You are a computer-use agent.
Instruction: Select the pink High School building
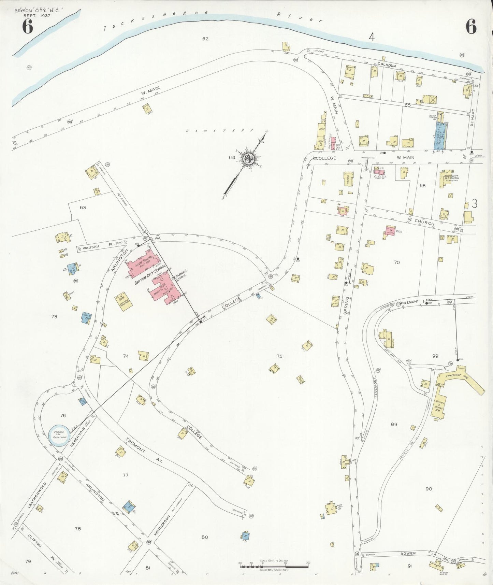[141, 264]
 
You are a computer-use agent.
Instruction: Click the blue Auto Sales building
[440, 135]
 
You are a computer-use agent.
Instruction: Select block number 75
[279, 356]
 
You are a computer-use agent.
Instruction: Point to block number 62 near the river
[205, 39]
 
